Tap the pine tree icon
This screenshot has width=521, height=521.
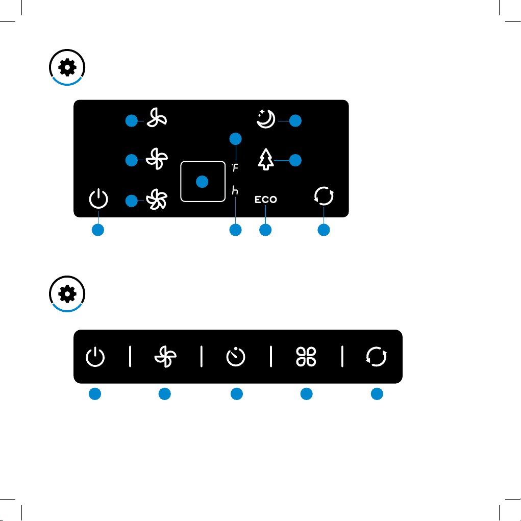(x=266, y=159)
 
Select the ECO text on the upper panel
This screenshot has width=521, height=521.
(x=266, y=200)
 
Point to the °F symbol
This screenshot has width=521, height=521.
(x=235, y=167)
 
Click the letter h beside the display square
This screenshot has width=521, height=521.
(x=235, y=190)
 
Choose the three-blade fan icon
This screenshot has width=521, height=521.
(x=157, y=118)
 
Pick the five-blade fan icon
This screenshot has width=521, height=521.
(x=157, y=200)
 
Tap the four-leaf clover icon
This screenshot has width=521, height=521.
(x=306, y=357)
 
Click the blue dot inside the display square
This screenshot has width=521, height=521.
(x=202, y=182)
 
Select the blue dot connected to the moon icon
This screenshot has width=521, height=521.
(x=295, y=120)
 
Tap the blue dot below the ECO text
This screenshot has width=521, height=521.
(x=265, y=230)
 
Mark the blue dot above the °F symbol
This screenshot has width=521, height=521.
(x=235, y=139)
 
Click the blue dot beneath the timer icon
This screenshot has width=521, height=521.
(x=237, y=394)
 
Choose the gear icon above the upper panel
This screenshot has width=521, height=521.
(x=67, y=67)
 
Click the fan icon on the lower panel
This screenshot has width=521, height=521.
(x=165, y=357)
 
